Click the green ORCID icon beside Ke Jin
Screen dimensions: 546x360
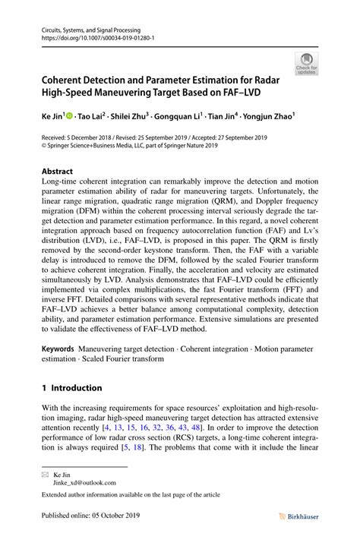tap(70, 117)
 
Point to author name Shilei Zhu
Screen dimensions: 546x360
tap(131, 117)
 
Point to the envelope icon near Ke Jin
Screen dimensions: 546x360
tap(44, 472)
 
